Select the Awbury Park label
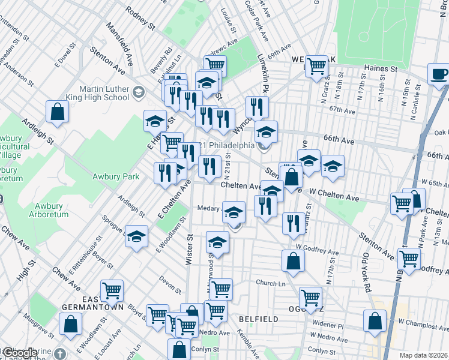click(116, 176)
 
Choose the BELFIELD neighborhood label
click(257, 318)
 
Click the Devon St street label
click(170, 284)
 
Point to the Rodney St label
click(140, 16)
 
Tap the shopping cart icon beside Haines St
click(316, 66)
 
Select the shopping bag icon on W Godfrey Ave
click(293, 261)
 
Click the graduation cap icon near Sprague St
click(137, 236)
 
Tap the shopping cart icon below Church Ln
click(310, 297)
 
